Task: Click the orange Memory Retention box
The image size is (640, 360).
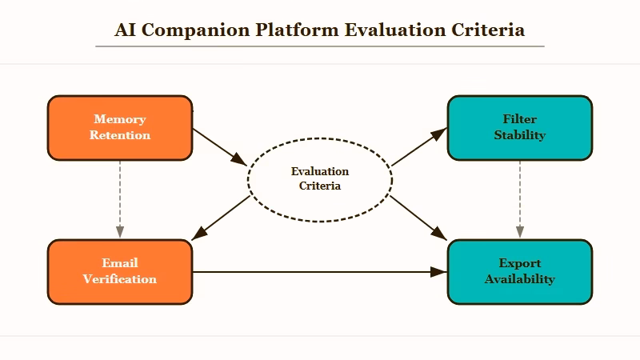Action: pos(120,128)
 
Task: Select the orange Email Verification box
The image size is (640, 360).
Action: pos(120,272)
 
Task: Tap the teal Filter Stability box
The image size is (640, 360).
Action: pos(520,128)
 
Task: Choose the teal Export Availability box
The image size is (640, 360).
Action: pos(520,272)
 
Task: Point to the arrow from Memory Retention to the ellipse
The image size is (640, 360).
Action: pos(221,146)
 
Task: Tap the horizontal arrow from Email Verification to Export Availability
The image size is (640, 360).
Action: pos(320,272)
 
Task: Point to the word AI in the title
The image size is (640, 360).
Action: pos(125,30)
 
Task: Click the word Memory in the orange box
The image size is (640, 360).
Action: pos(120,119)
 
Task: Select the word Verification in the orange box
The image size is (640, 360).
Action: pos(120,279)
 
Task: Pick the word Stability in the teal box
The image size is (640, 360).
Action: pos(520,135)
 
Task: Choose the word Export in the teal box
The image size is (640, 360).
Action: pos(520,263)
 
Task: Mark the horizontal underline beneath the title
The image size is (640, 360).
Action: pos(320,46)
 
